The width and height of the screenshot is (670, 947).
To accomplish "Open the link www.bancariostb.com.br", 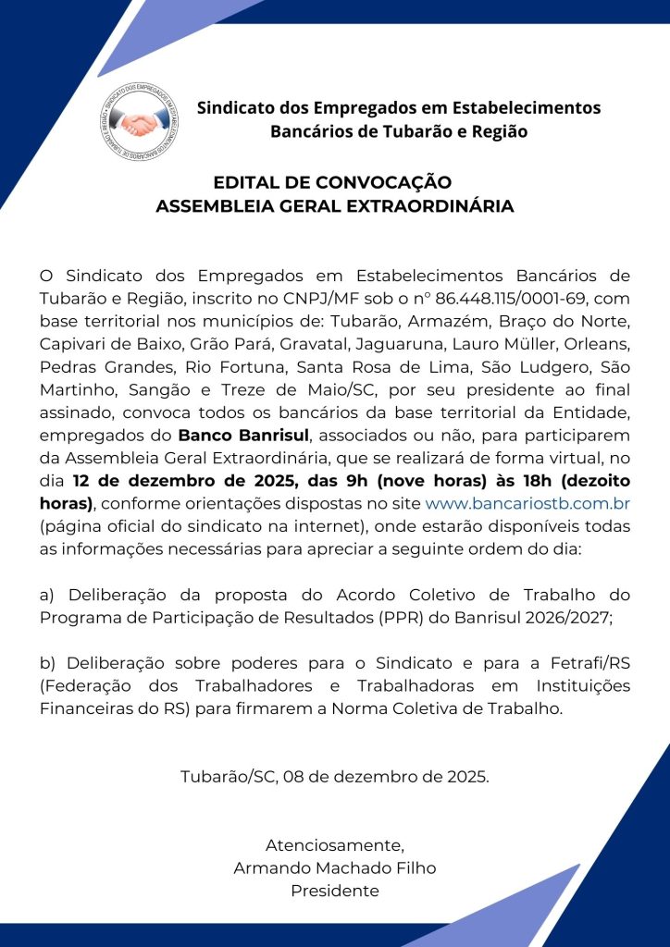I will [x=527, y=502].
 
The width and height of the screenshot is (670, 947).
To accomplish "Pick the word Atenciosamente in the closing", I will [x=335, y=845].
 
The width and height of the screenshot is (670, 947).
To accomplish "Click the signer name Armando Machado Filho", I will [x=335, y=868].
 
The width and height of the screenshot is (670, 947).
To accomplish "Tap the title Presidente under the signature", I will [x=335, y=892].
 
